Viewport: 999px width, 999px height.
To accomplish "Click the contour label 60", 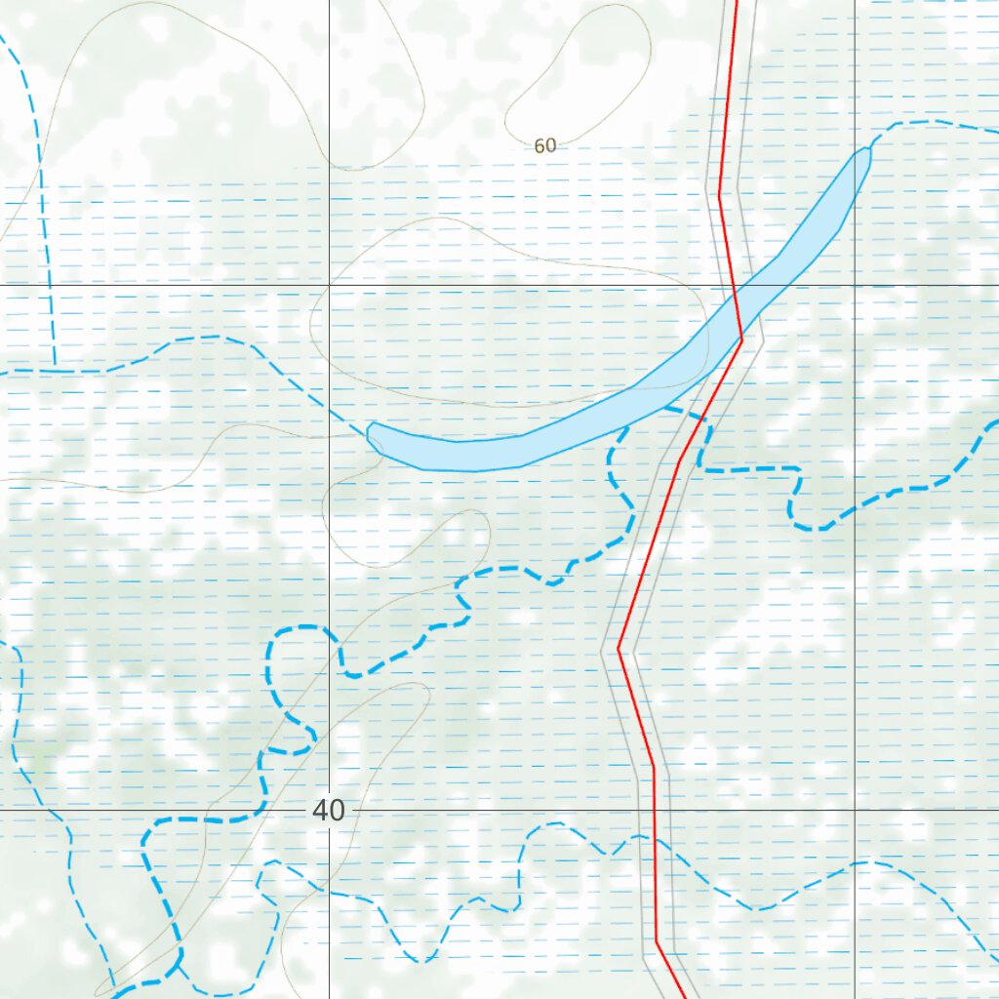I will [545, 145].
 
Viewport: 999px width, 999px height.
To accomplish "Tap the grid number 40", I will [330, 810].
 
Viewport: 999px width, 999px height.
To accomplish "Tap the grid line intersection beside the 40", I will [329, 810].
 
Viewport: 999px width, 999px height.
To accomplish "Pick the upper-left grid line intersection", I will [329, 284].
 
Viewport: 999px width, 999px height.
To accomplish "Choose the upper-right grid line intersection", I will [855, 284].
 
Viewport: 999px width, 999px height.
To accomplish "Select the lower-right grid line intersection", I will [855, 810].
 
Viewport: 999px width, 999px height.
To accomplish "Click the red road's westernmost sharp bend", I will [619, 648].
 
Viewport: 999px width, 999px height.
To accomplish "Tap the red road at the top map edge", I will [736, 3].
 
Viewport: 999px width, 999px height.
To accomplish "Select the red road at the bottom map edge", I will [684, 995].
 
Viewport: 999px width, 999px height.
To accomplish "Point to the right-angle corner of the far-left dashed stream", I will [55, 371].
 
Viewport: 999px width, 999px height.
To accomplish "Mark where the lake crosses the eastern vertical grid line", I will [855, 181].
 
